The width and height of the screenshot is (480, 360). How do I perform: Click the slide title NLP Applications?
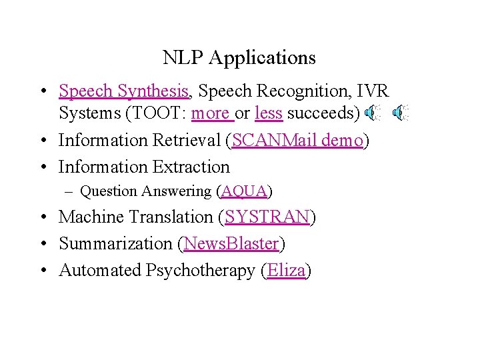coord(239,58)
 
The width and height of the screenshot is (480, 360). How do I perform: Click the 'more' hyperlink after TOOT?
coord(211,113)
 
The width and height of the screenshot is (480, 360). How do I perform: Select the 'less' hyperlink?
coord(269,113)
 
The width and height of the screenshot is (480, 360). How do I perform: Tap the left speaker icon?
coord(373,114)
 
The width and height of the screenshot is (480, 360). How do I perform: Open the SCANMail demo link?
coord(298,140)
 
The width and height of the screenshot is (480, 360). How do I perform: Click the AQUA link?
coord(244,191)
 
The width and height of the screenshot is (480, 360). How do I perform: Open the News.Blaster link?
coord(231,244)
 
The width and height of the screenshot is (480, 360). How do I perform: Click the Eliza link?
coord(287,271)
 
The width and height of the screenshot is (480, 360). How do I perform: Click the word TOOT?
coord(160,113)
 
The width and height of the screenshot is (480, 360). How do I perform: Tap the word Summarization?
coord(117,244)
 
